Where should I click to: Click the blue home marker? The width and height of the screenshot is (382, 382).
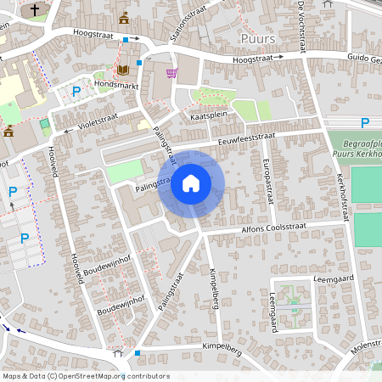(x=191, y=182)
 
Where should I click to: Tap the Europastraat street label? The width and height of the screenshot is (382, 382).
(x=268, y=177)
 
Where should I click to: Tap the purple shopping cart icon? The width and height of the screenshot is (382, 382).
(x=171, y=73)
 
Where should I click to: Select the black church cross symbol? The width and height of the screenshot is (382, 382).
(x=35, y=10)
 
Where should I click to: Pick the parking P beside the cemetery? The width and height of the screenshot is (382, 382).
(x=365, y=123)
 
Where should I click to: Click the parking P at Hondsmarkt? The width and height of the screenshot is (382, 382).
(x=76, y=91)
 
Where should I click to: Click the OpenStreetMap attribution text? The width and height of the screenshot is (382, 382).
(x=86, y=375)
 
